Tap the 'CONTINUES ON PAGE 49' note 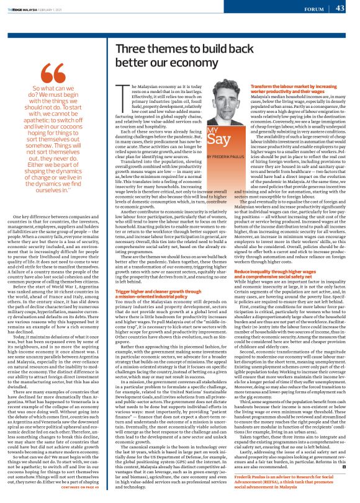click(82, 487)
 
